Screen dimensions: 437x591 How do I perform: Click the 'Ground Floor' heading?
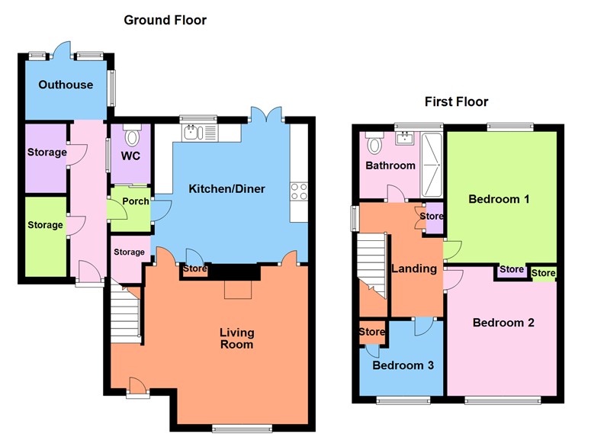click(165, 20)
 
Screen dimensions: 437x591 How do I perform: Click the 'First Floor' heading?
click(457, 101)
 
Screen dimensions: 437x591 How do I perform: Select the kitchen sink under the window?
click(192, 133)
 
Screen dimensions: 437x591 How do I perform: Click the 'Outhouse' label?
click(66, 85)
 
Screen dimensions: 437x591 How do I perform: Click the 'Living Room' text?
click(236, 339)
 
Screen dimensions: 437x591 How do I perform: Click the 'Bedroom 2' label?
click(503, 323)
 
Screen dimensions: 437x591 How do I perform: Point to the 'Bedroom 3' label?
click(403, 365)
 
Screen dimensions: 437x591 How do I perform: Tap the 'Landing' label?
click(413, 268)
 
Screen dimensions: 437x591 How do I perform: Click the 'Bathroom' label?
click(390, 165)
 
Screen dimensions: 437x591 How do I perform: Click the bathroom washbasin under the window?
click(405, 138)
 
